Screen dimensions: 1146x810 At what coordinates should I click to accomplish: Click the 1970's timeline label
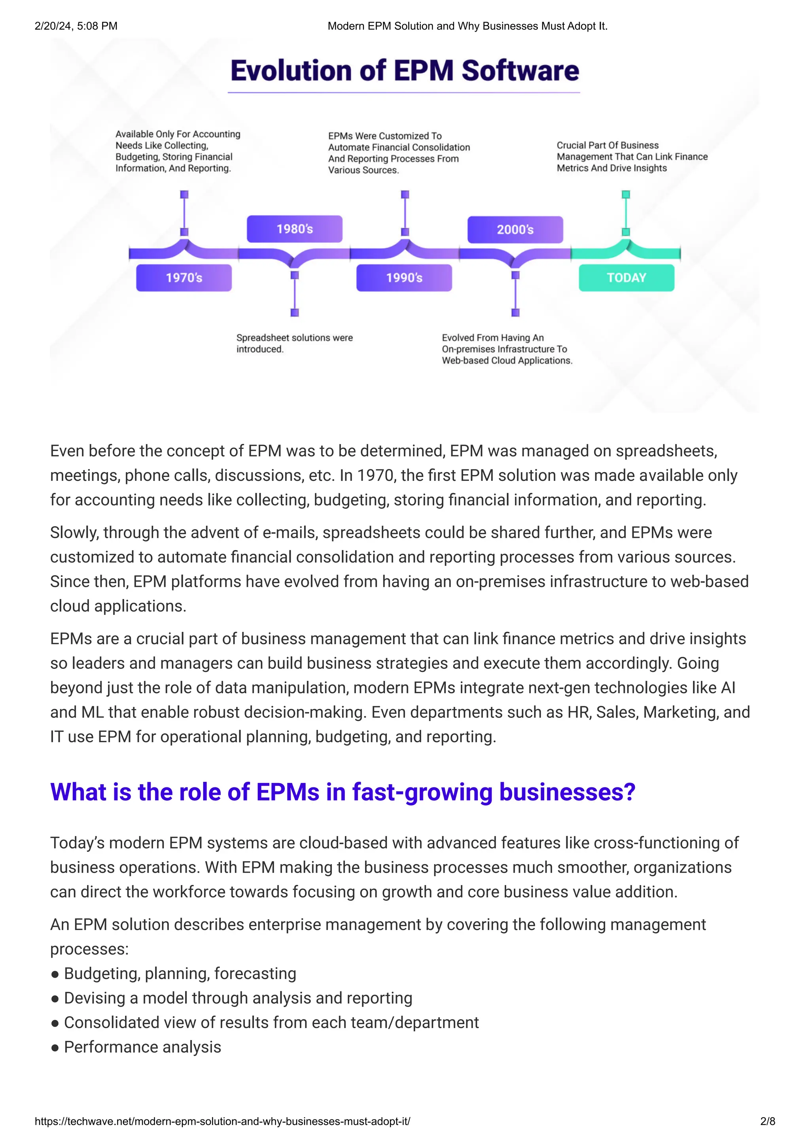184,278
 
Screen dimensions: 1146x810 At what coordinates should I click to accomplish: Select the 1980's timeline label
294,229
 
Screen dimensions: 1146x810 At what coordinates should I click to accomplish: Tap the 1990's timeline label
404,278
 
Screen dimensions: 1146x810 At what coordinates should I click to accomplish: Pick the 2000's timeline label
515,230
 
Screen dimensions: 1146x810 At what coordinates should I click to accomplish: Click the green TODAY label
626,278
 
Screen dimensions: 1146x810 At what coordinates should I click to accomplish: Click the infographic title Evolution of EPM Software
404,71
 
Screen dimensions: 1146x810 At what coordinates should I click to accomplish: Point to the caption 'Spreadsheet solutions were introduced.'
294,343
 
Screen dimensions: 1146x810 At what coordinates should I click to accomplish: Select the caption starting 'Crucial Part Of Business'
632,157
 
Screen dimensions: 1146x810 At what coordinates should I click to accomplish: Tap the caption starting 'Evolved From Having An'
507,349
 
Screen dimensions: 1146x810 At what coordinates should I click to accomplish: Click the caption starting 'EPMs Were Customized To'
399,153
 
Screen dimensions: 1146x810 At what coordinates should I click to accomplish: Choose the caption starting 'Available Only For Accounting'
178,151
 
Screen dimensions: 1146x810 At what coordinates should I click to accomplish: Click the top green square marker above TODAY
626,194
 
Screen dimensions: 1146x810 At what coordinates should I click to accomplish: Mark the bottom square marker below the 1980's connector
294,312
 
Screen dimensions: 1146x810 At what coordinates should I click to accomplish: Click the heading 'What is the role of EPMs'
343,792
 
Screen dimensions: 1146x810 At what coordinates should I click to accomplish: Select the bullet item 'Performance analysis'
142,1047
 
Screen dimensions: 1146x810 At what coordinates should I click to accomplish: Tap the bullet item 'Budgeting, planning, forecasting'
180,973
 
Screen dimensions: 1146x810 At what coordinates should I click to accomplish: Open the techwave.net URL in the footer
222,1121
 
